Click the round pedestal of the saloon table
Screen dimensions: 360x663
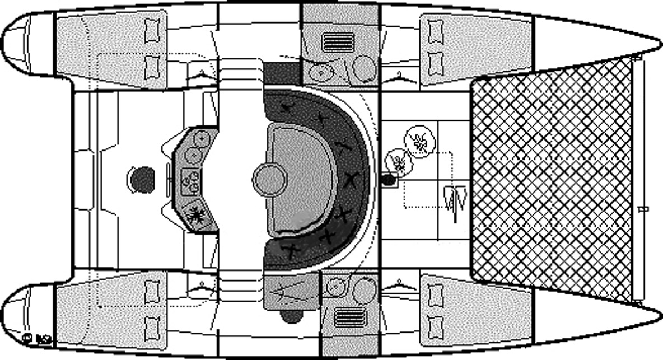269,179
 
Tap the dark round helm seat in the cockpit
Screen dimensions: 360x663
141,179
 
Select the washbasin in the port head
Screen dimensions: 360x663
322,71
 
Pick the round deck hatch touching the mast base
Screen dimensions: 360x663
399,162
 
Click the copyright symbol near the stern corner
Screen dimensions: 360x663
27,338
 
